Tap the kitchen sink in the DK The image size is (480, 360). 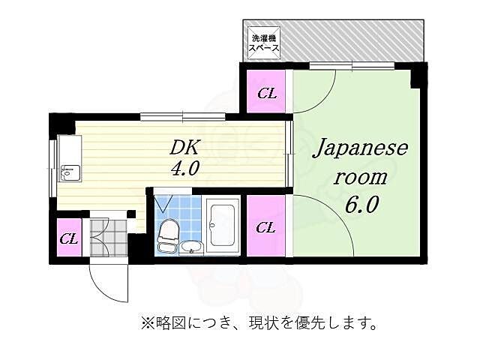coord(69,173)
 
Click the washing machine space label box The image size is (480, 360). coord(265,43)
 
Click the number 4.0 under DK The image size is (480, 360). coord(184,169)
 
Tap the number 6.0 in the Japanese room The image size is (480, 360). coord(361,204)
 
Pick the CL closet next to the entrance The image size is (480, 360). coord(69,238)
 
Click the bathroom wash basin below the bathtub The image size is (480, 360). coord(191,248)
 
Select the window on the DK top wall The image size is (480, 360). coord(182,115)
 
